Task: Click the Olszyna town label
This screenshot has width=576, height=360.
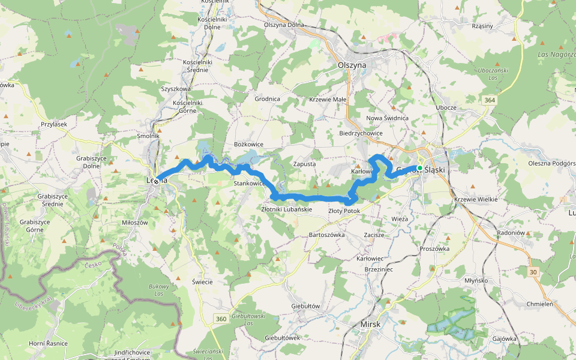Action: click(x=352, y=65)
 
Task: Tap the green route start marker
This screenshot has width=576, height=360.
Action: click(x=420, y=168)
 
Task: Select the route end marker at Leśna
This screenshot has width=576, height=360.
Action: click(x=156, y=181)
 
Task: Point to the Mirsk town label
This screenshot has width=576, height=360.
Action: click(x=370, y=325)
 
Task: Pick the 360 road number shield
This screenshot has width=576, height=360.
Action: click(x=221, y=319)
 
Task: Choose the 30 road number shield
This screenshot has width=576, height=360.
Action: click(x=533, y=272)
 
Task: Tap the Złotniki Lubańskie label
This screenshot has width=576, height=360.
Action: click(x=287, y=209)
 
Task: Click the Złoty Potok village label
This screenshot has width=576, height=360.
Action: click(x=344, y=211)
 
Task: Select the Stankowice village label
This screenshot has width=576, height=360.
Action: click(x=249, y=183)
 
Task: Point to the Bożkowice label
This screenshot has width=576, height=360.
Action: click(x=249, y=145)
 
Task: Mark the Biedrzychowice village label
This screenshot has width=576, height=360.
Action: click(x=361, y=133)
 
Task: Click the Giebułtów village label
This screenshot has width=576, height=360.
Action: click(x=305, y=306)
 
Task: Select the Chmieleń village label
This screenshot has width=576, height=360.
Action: click(x=539, y=304)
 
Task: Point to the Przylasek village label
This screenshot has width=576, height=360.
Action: click(x=54, y=124)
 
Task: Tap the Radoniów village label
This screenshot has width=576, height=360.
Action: click(x=512, y=232)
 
